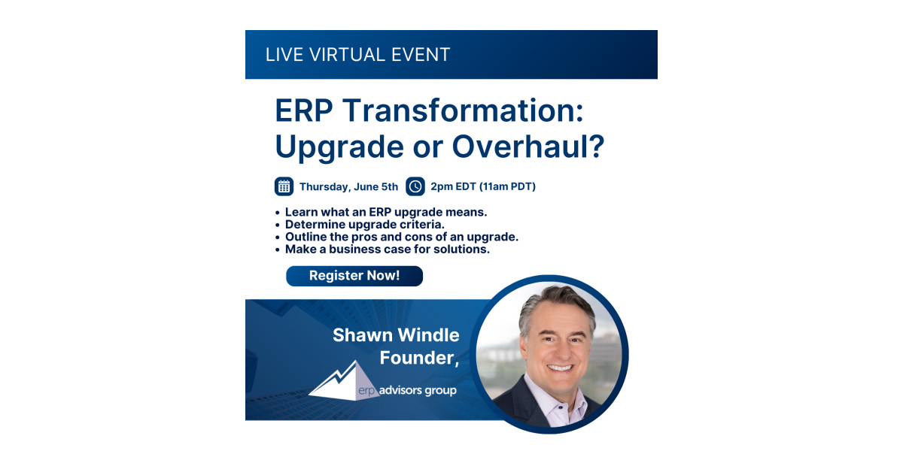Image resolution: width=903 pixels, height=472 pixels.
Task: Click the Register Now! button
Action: tap(354, 276)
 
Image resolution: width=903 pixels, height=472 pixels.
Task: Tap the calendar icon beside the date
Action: tap(284, 186)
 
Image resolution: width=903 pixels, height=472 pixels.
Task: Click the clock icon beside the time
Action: tap(415, 186)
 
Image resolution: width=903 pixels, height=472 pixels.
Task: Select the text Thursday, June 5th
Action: tap(348, 187)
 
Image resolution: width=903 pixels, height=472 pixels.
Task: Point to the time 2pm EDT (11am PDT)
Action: tap(483, 186)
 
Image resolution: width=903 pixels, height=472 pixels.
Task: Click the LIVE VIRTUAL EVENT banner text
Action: tap(357, 55)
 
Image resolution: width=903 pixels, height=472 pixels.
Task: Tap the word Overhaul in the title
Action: tap(528, 146)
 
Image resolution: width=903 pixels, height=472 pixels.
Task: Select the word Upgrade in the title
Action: tap(339, 147)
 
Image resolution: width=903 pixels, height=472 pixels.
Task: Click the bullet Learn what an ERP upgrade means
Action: tap(386, 212)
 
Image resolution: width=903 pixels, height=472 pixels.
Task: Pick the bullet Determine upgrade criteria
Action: tap(365, 224)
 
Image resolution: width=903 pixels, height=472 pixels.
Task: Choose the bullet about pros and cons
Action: tap(402, 237)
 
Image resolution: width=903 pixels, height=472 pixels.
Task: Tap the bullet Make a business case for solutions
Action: tap(388, 250)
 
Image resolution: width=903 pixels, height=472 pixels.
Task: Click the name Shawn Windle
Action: tap(396, 335)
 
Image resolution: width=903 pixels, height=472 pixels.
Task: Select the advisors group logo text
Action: tap(418, 390)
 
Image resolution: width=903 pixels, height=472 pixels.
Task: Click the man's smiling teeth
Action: tap(560, 368)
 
